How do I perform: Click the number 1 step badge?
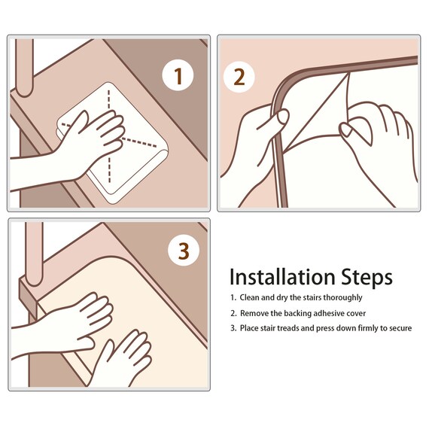178,75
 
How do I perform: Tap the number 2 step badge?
239,77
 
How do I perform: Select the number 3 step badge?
184,251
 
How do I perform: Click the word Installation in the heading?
282,277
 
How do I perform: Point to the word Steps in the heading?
367,278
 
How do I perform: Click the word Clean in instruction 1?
249,297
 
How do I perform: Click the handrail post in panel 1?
24,67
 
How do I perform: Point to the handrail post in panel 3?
34,253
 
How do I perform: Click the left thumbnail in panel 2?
283,117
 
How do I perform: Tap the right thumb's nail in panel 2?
345,130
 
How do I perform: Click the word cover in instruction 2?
356,313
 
